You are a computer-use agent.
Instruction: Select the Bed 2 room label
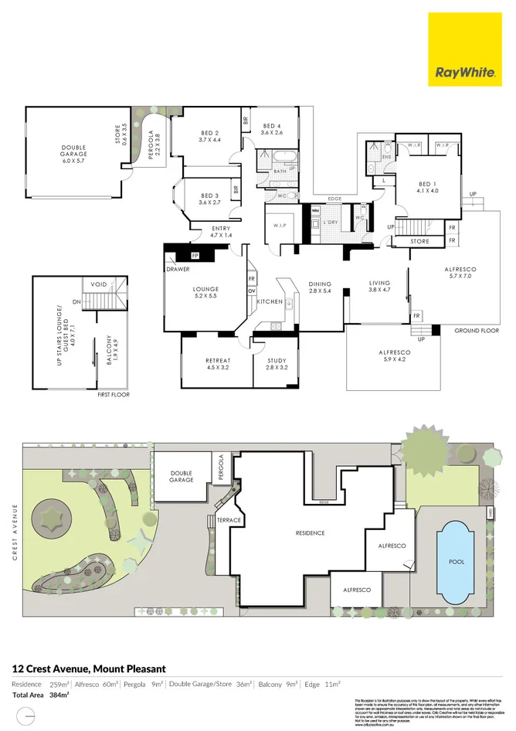(x=209, y=136)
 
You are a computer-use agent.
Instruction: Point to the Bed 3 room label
(x=209, y=199)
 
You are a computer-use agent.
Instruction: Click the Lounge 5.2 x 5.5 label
(x=205, y=293)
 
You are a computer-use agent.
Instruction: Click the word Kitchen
(x=270, y=301)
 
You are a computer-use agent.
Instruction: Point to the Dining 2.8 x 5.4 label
(x=320, y=287)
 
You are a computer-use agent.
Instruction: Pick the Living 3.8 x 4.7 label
(x=379, y=287)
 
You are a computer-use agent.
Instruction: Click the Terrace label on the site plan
(x=229, y=520)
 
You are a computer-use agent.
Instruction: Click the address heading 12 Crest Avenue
(x=88, y=668)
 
